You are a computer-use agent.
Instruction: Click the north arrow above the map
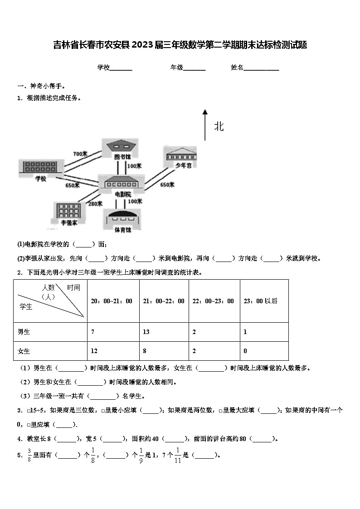click(x=205, y=124)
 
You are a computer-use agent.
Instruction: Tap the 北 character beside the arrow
click(x=219, y=126)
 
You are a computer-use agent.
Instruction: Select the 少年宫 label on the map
click(x=183, y=166)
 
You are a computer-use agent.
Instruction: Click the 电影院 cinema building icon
click(x=123, y=182)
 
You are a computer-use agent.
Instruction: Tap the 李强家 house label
click(x=69, y=222)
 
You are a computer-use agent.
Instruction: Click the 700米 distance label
click(x=80, y=154)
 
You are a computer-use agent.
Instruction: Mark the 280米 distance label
click(x=95, y=204)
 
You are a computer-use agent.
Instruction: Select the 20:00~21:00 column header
click(x=112, y=301)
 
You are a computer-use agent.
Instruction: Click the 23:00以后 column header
click(x=261, y=301)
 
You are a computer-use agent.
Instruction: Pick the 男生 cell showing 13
click(x=146, y=332)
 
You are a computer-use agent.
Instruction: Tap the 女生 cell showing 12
click(x=94, y=351)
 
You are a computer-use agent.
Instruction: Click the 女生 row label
click(x=24, y=351)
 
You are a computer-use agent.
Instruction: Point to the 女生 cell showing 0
click(x=245, y=351)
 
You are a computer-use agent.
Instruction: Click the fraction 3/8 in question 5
click(x=29, y=455)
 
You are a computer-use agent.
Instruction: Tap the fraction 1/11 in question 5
click(x=178, y=455)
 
